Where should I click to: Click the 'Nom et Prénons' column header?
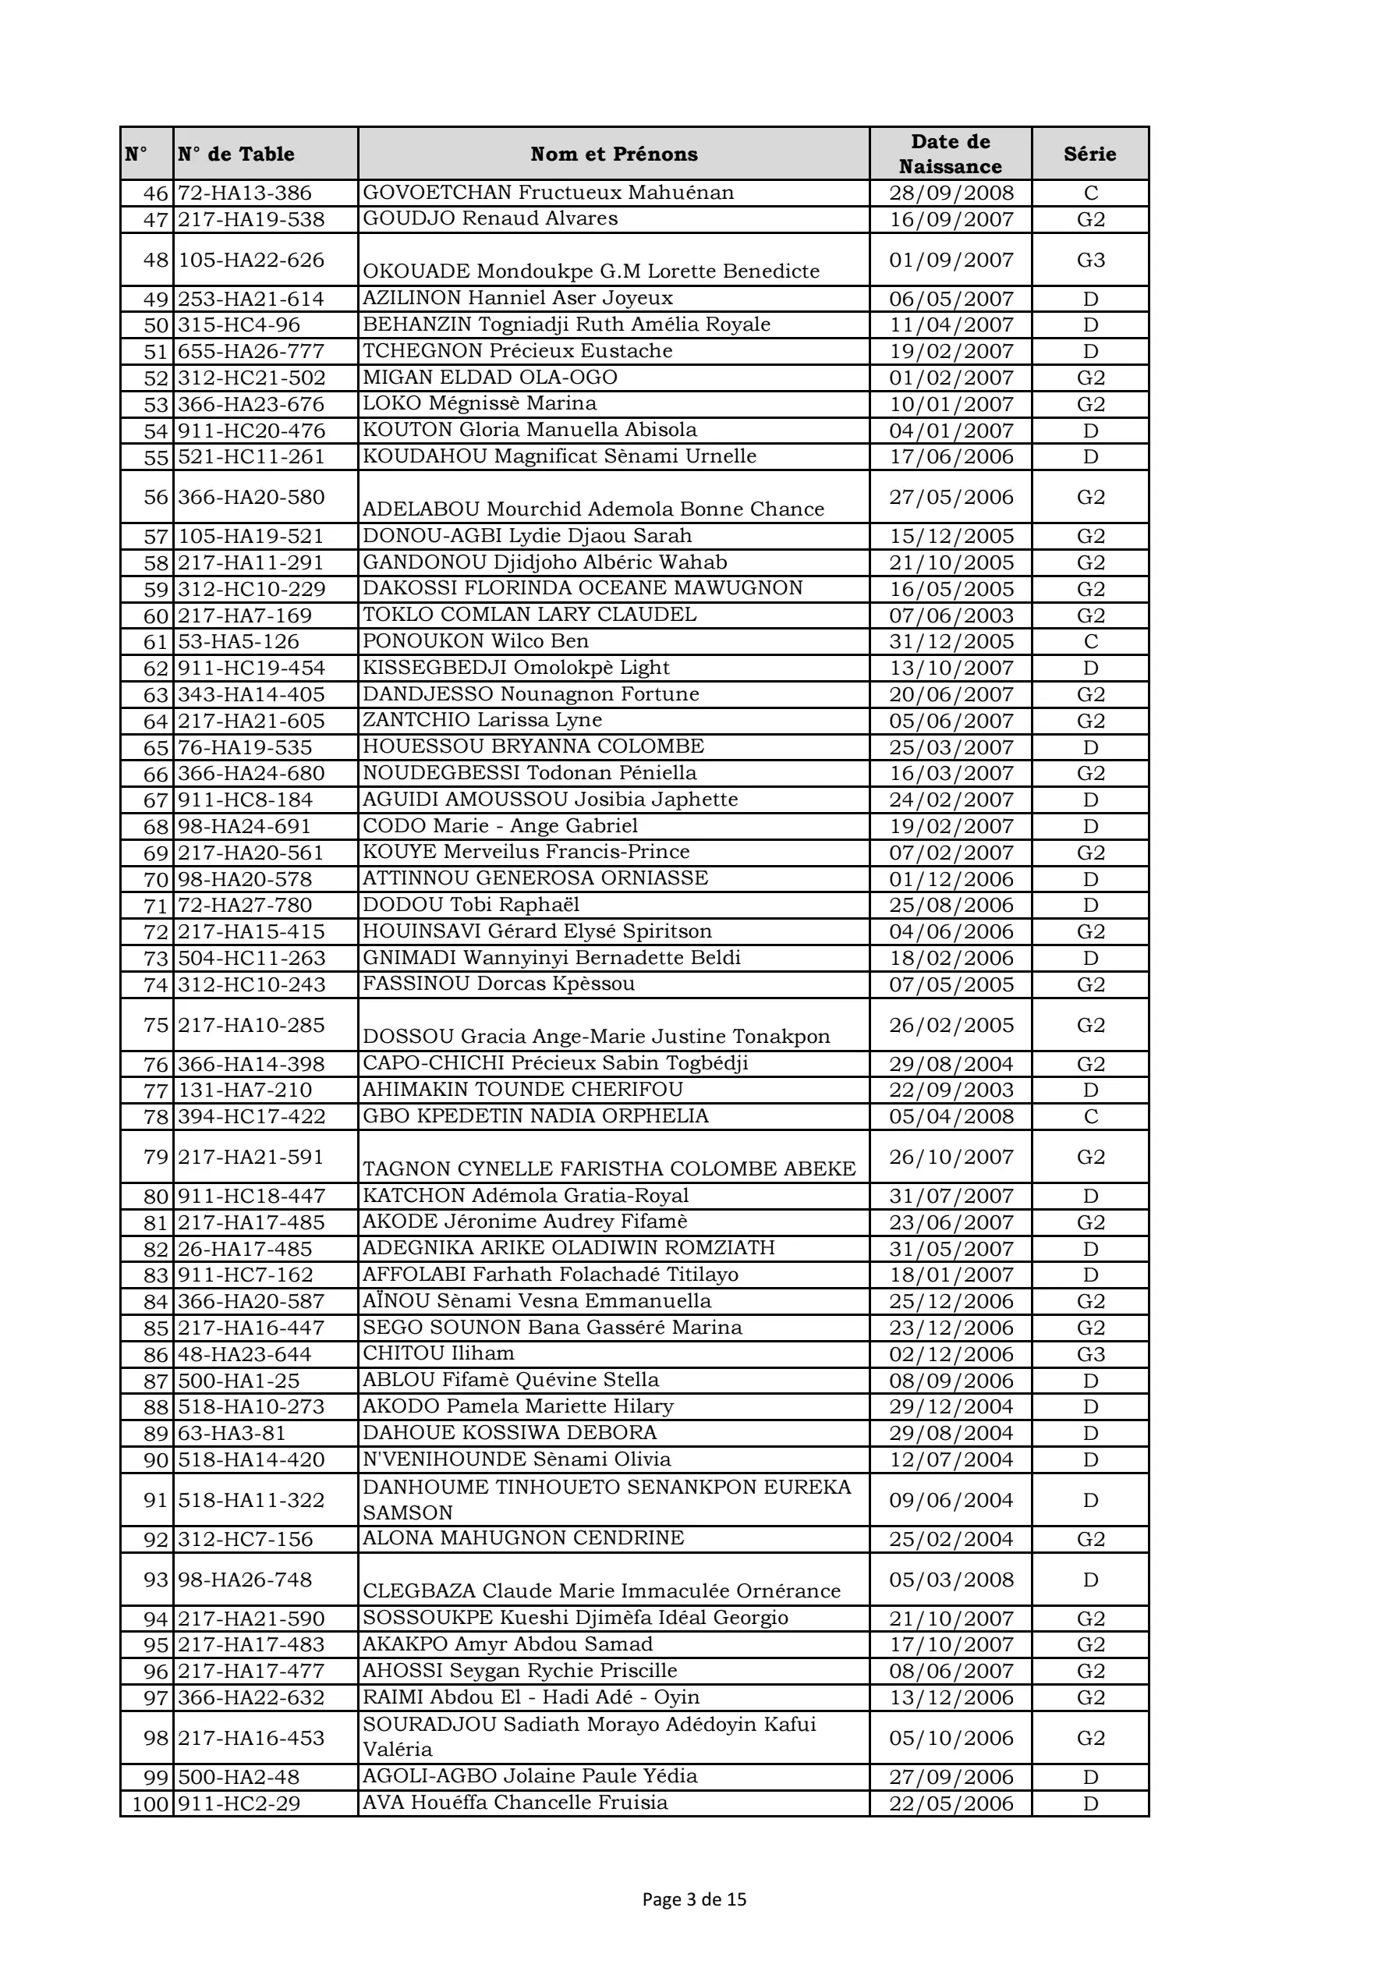[614, 154]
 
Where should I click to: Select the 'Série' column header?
[1089, 154]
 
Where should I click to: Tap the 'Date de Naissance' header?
[950, 154]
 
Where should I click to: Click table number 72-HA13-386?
[244, 193]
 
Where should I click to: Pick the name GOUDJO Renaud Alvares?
[490, 218]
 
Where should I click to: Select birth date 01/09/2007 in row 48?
[951, 260]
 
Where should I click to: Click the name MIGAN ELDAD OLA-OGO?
[490, 378]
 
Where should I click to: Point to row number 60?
[155, 615]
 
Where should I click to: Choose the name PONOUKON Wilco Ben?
[475, 641]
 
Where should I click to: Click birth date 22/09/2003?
[951, 1090]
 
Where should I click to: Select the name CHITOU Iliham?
[438, 1353]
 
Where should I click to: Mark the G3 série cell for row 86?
[1090, 1354]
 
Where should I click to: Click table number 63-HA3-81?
[232, 1433]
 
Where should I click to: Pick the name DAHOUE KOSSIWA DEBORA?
[509, 1432]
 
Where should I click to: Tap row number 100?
[150, 1803]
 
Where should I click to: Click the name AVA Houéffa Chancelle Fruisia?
[514, 1803]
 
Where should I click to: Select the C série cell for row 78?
[1090, 1116]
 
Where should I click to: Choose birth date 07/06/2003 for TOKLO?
[951, 615]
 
